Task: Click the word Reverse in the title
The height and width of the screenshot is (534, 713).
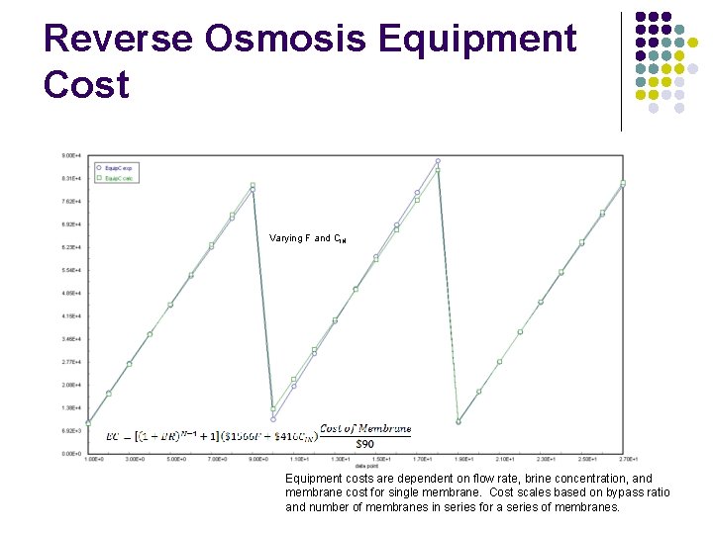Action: (119, 40)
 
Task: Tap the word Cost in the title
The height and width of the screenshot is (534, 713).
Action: (86, 85)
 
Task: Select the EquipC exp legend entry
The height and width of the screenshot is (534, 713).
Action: (117, 168)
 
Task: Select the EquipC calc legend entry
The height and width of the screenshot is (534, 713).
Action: (117, 179)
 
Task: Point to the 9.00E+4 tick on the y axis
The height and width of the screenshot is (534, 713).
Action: (71, 156)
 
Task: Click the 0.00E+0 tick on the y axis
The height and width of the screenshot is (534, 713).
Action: (71, 454)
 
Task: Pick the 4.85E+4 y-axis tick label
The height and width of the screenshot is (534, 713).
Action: (71, 294)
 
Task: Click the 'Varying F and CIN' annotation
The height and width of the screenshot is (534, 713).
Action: (307, 239)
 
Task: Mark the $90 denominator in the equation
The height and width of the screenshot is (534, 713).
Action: (364, 443)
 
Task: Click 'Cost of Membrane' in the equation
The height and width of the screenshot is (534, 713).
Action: (364, 428)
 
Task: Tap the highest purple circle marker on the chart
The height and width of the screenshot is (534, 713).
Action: (438, 161)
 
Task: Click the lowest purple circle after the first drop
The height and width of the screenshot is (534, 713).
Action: (273, 419)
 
